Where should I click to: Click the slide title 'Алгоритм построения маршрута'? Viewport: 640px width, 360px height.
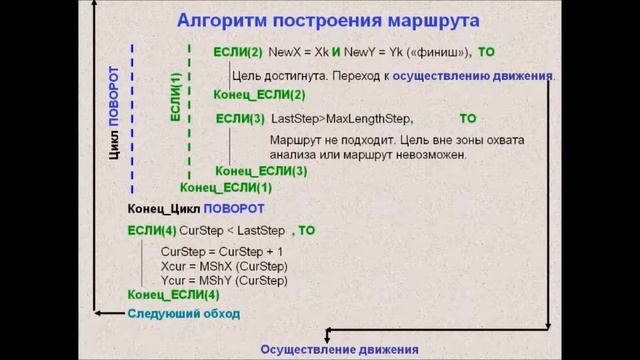click(327, 21)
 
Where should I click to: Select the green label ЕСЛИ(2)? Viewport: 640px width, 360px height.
click(238, 52)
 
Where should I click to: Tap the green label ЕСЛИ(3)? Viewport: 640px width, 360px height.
click(240, 119)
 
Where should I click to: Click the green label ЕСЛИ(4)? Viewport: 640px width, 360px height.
click(151, 230)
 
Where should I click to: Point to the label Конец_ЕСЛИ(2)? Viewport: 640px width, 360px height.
click(259, 94)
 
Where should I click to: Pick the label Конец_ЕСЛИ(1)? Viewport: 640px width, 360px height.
click(226, 187)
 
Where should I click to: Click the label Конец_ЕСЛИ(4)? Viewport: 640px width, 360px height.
click(173, 295)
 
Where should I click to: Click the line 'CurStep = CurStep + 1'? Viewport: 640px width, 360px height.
click(222, 251)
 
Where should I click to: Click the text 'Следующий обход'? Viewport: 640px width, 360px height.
click(182, 313)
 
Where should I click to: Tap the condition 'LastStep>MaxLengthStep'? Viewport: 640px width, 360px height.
click(341, 119)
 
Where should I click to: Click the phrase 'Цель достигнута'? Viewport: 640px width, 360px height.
click(277, 75)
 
